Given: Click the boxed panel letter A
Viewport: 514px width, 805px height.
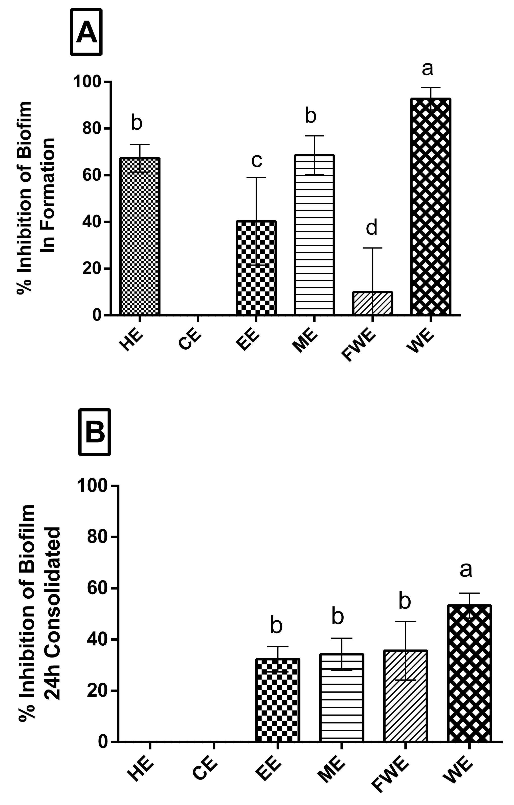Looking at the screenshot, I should pos(86,32).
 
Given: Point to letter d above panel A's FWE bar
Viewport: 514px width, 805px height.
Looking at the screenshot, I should pos(371,227).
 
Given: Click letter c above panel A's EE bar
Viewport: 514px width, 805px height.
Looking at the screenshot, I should pos(256,160).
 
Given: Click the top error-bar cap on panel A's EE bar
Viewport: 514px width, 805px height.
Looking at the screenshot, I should pos(256,178).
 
